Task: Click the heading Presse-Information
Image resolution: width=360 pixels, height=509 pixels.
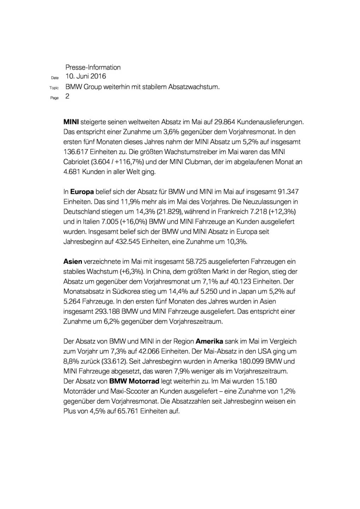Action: tap(93, 67)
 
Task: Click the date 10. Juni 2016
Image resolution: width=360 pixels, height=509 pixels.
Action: tap(85, 76)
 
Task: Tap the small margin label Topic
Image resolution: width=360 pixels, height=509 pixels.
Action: tap(54, 88)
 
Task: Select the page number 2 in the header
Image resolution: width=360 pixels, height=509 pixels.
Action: tap(67, 96)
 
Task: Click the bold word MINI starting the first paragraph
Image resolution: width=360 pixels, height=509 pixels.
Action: tap(71, 122)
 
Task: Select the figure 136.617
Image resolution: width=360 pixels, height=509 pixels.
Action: tap(76, 152)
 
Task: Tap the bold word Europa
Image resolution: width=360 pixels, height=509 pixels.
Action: tap(82, 192)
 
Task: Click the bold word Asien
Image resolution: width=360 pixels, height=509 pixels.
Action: tap(73, 262)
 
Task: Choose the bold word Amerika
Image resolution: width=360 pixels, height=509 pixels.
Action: tap(209, 341)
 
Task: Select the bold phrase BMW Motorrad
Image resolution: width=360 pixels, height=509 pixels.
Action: tap(134, 381)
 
